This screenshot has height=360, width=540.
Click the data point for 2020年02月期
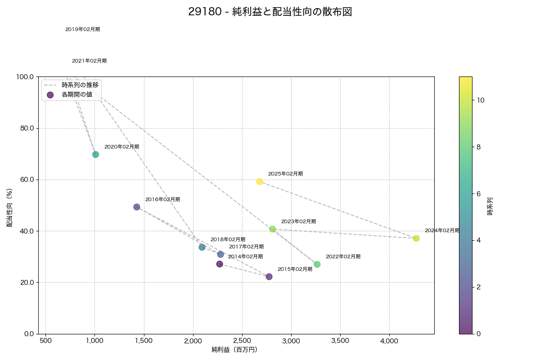pyautogui.click(x=95, y=154)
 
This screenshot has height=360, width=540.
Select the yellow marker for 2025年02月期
pyautogui.click(x=260, y=181)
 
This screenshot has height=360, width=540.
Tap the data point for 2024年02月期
pyautogui.click(x=416, y=238)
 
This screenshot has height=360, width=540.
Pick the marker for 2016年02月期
pyautogui.click(x=137, y=207)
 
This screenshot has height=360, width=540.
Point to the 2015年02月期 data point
pyautogui.click(x=269, y=276)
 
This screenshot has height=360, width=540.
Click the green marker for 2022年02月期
pyautogui.click(x=317, y=264)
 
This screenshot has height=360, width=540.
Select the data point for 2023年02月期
pyautogui.click(x=273, y=229)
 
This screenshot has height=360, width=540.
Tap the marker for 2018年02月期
pyautogui.click(x=202, y=247)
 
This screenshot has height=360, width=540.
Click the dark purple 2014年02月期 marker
pyautogui.click(x=220, y=264)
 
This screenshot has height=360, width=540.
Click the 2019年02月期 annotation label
pyautogui.click(x=82, y=30)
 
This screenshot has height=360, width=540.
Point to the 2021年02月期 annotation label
pyautogui.click(x=89, y=61)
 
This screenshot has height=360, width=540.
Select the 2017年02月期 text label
pyautogui.click(x=246, y=247)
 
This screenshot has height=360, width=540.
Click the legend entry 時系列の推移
pyautogui.click(x=80, y=85)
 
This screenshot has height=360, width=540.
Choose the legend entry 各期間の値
pyautogui.click(x=76, y=94)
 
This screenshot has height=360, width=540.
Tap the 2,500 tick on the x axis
pyautogui.click(x=242, y=341)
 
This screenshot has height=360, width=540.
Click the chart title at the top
pyautogui.click(x=270, y=12)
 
